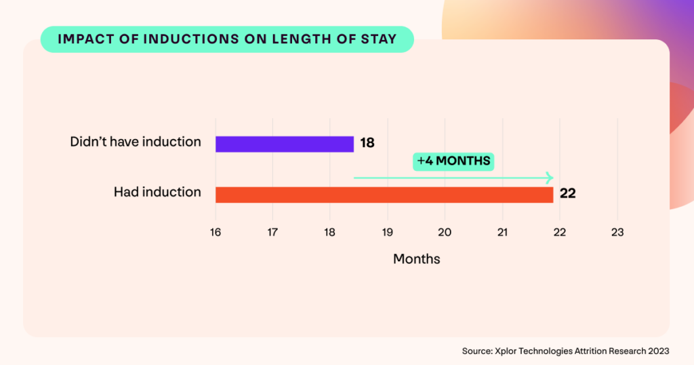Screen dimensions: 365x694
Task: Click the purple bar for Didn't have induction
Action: coord(285,144)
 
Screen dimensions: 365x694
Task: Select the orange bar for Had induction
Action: coord(384,194)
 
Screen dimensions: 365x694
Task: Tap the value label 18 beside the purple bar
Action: coord(367,144)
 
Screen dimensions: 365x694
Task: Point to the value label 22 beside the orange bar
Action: coord(568,194)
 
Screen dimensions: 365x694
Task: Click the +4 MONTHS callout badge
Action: coord(453,161)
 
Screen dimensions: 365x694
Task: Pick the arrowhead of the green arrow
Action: coord(550,178)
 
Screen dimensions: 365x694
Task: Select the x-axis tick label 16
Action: coord(216,232)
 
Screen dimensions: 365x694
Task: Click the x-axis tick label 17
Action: coord(272,232)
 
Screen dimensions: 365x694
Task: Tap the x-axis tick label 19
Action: coord(387,232)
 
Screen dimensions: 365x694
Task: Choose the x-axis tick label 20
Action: coord(445,232)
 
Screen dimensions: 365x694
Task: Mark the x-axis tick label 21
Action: coord(502,232)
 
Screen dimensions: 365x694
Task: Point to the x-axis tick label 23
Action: coord(617,232)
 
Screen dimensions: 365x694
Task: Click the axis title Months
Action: coord(416,259)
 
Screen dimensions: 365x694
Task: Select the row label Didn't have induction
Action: coord(136,142)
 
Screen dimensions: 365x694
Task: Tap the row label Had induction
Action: coord(157,193)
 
